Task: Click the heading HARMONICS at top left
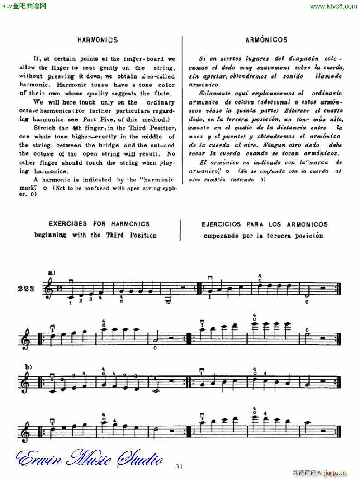tap(97, 40)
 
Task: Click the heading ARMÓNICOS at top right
tap(266, 40)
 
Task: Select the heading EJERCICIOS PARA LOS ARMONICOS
tap(266, 224)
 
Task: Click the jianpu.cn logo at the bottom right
tap(333, 473)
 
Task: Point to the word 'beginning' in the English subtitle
tap(50, 235)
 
